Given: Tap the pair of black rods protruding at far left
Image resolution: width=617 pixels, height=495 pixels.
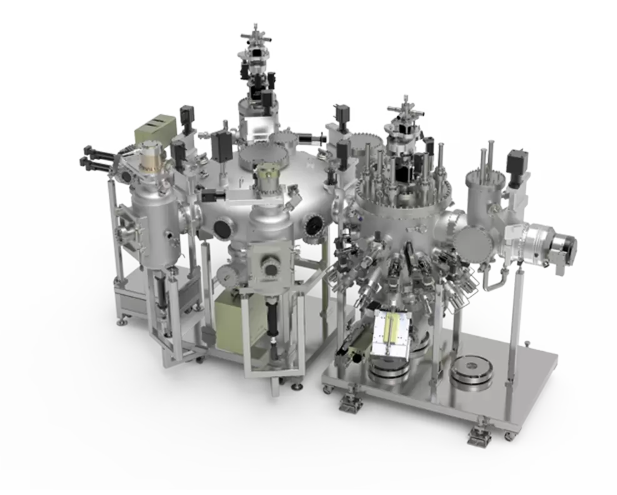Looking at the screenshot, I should click(x=95, y=156).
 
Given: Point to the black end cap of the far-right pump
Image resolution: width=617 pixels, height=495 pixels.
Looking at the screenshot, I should click(x=570, y=244).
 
